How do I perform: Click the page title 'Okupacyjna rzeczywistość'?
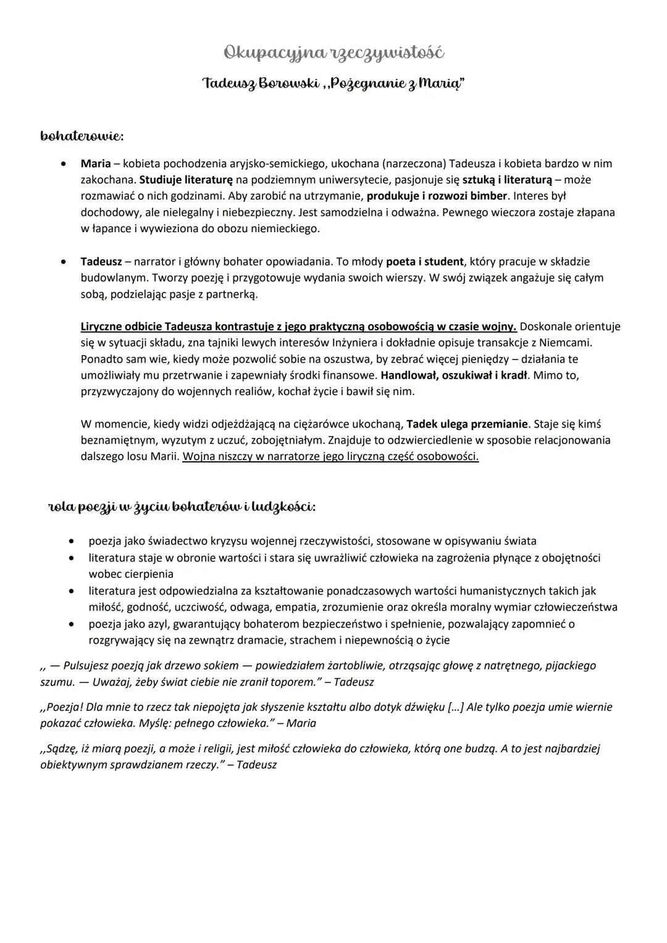(x=333, y=53)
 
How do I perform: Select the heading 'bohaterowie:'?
(x=82, y=135)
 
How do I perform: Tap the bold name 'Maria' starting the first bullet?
(x=95, y=164)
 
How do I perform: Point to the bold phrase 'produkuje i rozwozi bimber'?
(x=437, y=196)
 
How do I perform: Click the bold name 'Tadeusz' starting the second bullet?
(x=101, y=261)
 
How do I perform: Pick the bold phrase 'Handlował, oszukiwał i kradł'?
(x=454, y=375)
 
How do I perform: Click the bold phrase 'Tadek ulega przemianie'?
(x=468, y=424)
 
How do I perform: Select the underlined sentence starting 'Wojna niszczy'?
(x=330, y=457)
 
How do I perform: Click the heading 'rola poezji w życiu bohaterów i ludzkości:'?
(x=182, y=507)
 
